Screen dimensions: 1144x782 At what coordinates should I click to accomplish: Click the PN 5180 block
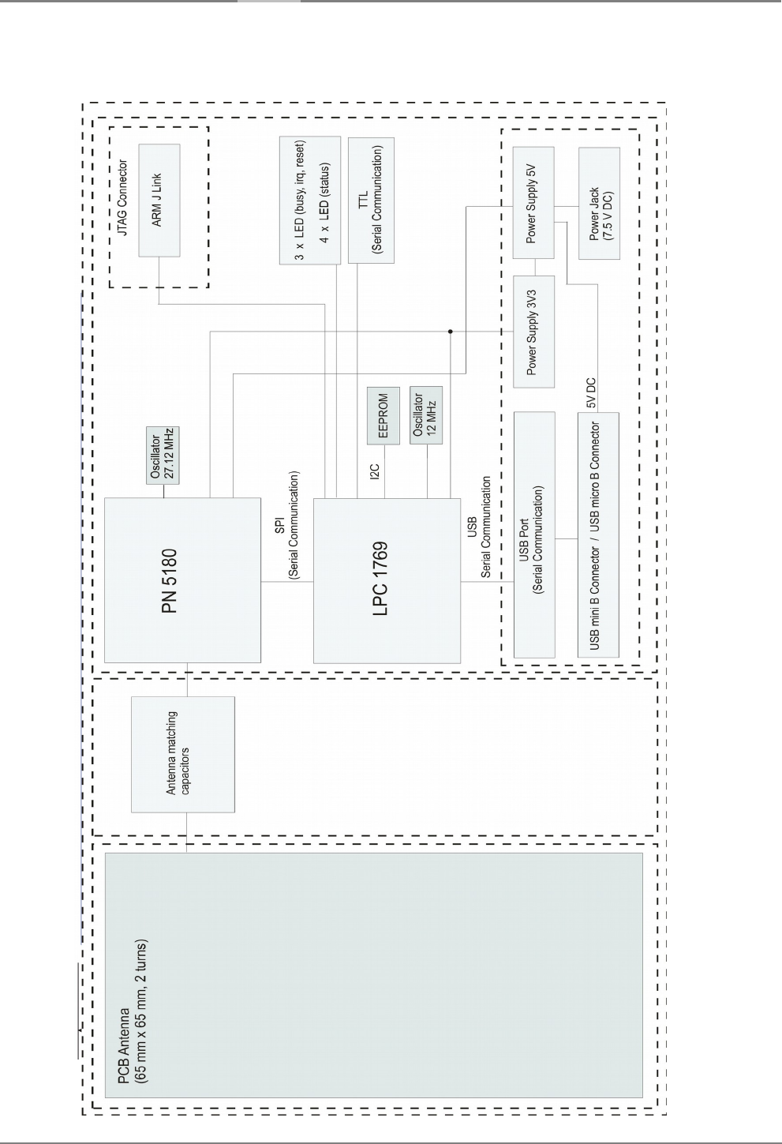coord(182,580)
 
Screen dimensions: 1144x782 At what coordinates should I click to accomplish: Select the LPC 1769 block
coord(387,580)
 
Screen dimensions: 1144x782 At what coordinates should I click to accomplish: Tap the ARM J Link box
coord(159,200)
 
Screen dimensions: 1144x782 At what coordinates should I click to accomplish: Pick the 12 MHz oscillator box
coord(426,414)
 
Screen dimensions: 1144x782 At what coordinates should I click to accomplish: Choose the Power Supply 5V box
coord(533,202)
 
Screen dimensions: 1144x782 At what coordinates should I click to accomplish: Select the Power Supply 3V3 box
coord(533,332)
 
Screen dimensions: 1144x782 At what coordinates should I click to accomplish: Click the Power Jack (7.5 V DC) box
coord(599,203)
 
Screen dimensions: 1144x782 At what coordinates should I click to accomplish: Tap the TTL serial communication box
coord(371,200)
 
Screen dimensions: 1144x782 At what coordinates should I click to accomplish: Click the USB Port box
coord(533,534)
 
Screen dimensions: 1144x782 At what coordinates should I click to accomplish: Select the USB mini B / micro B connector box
coord(598,534)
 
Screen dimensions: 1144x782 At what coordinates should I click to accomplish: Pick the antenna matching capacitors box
coord(182,754)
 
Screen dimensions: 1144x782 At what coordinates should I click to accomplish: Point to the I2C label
coord(376,471)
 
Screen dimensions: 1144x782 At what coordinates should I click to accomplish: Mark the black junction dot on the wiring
coord(450,332)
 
